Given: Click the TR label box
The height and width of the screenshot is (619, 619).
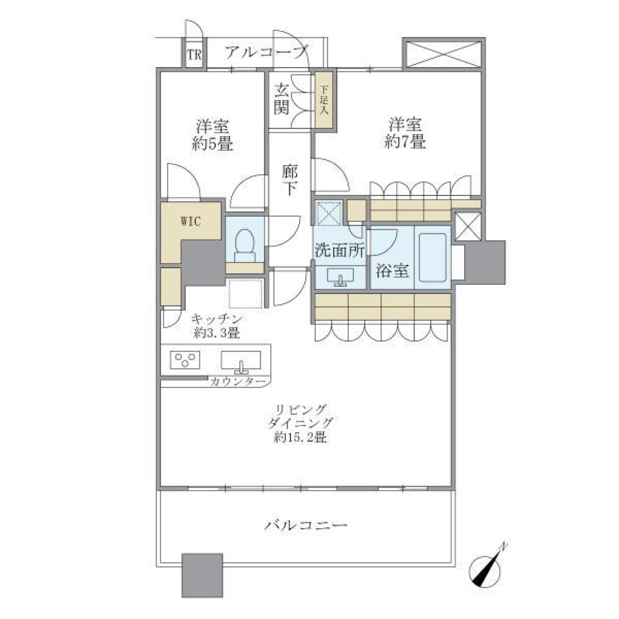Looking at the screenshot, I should [194, 54].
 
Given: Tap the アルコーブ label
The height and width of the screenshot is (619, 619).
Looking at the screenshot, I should [266, 52].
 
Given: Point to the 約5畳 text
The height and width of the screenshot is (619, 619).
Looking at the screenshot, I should [212, 144].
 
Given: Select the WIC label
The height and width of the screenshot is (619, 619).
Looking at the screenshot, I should [190, 221].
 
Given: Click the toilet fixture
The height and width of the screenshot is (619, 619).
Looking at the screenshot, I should [245, 244].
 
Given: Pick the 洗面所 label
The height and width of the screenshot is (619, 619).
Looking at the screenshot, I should [340, 251].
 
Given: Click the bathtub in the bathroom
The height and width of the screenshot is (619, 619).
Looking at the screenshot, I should [433, 257].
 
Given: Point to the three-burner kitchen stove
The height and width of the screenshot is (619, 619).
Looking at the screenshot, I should [186, 360].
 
